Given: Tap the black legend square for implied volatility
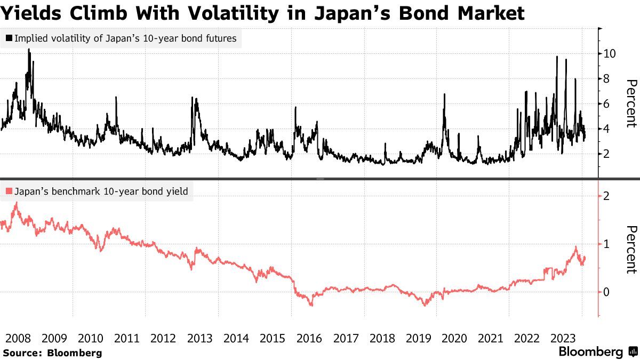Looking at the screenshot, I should pyautogui.click(x=9, y=38).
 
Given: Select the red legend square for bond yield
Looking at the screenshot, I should pyautogui.click(x=9, y=191).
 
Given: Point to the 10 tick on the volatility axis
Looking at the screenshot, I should pyautogui.click(x=609, y=53).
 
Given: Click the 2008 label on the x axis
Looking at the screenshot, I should pyautogui.click(x=18, y=338).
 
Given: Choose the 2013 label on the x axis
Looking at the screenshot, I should pyautogui.click(x=200, y=338).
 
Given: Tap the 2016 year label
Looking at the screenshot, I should pyautogui.click(x=309, y=338).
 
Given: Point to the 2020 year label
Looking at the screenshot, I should pyautogui.click(x=454, y=338).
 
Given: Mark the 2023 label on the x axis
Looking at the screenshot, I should pyautogui.click(x=563, y=338).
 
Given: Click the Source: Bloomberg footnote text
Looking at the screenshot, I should pyautogui.click(x=52, y=353).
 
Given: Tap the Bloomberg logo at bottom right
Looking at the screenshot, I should pyautogui.click(x=597, y=352).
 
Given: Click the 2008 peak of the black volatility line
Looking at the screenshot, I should pyautogui.click(x=29, y=50).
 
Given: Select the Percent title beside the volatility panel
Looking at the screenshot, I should pyautogui.click(x=631, y=103).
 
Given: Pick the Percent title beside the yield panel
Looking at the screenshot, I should pyautogui.click(x=631, y=250).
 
